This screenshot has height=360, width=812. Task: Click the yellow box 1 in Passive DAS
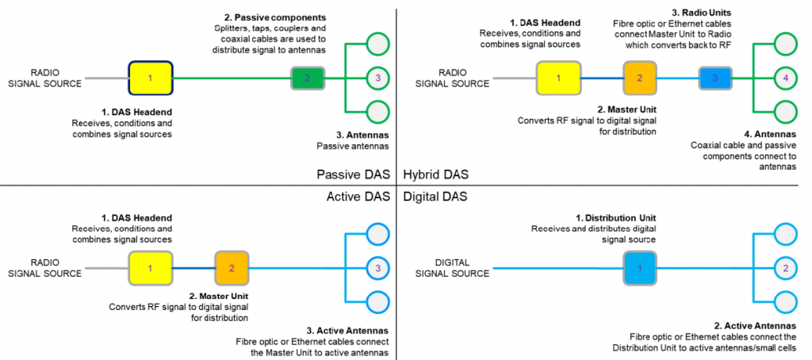pyautogui.click(x=151, y=78)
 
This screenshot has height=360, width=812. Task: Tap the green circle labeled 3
pyautogui.click(x=378, y=78)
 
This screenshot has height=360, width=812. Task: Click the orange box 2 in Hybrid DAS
pyautogui.click(x=638, y=78)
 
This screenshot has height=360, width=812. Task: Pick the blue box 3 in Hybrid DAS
pyautogui.click(x=714, y=78)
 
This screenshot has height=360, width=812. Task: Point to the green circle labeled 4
pyautogui.click(x=784, y=78)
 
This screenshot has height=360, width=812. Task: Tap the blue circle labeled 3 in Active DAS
pyautogui.click(x=378, y=268)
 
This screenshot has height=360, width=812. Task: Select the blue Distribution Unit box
pyautogui.click(x=640, y=268)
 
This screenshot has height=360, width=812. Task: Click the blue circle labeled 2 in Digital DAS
pyautogui.click(x=784, y=268)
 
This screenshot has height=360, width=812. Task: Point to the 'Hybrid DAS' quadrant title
pyautogui.click(x=435, y=174)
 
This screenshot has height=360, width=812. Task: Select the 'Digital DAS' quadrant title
pyautogui.click(x=435, y=195)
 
